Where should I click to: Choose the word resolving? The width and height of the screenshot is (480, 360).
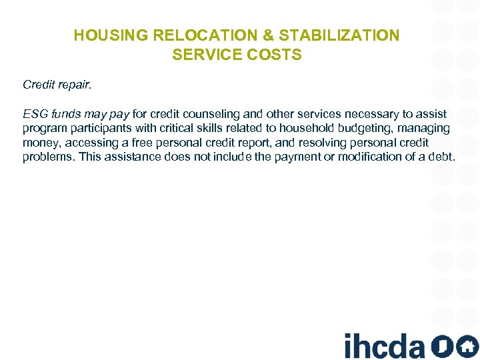(339, 143)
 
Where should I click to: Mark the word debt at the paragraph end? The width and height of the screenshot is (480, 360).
(442, 157)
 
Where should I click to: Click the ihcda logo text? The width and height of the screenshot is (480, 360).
(384, 345)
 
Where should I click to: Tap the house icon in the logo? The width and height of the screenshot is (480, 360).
(467, 345)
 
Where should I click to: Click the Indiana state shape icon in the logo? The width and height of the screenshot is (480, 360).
(441, 345)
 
